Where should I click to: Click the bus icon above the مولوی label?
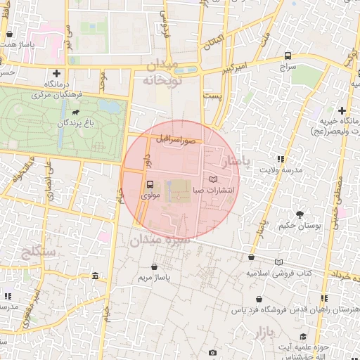(149, 186)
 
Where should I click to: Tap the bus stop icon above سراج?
(288, 56)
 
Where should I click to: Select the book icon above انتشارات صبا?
(214, 179)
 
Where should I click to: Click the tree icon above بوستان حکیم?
(300, 214)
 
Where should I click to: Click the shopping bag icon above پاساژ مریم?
(154, 267)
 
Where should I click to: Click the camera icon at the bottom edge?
(212, 352)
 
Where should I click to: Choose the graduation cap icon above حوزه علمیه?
(303, 336)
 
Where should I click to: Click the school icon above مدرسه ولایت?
(281, 159)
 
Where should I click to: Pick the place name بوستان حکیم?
(300, 226)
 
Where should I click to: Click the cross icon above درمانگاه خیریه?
(342, 110)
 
